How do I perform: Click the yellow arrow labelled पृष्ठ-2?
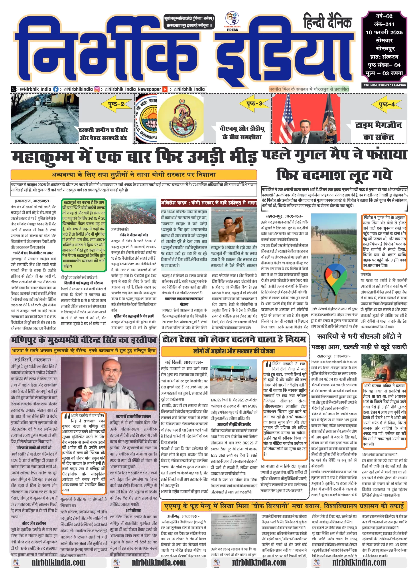point(116,104)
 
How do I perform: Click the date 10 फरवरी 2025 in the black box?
point(384,32)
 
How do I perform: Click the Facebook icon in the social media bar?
point(56,89)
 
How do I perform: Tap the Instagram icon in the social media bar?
point(97,89)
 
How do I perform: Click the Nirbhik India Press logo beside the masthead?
point(232,22)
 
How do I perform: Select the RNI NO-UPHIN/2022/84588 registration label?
point(384,85)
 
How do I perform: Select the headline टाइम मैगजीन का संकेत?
point(378,131)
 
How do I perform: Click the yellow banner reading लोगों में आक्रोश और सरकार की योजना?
point(234,351)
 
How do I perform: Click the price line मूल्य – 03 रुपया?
point(384,73)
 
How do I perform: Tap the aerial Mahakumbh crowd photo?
point(134,213)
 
